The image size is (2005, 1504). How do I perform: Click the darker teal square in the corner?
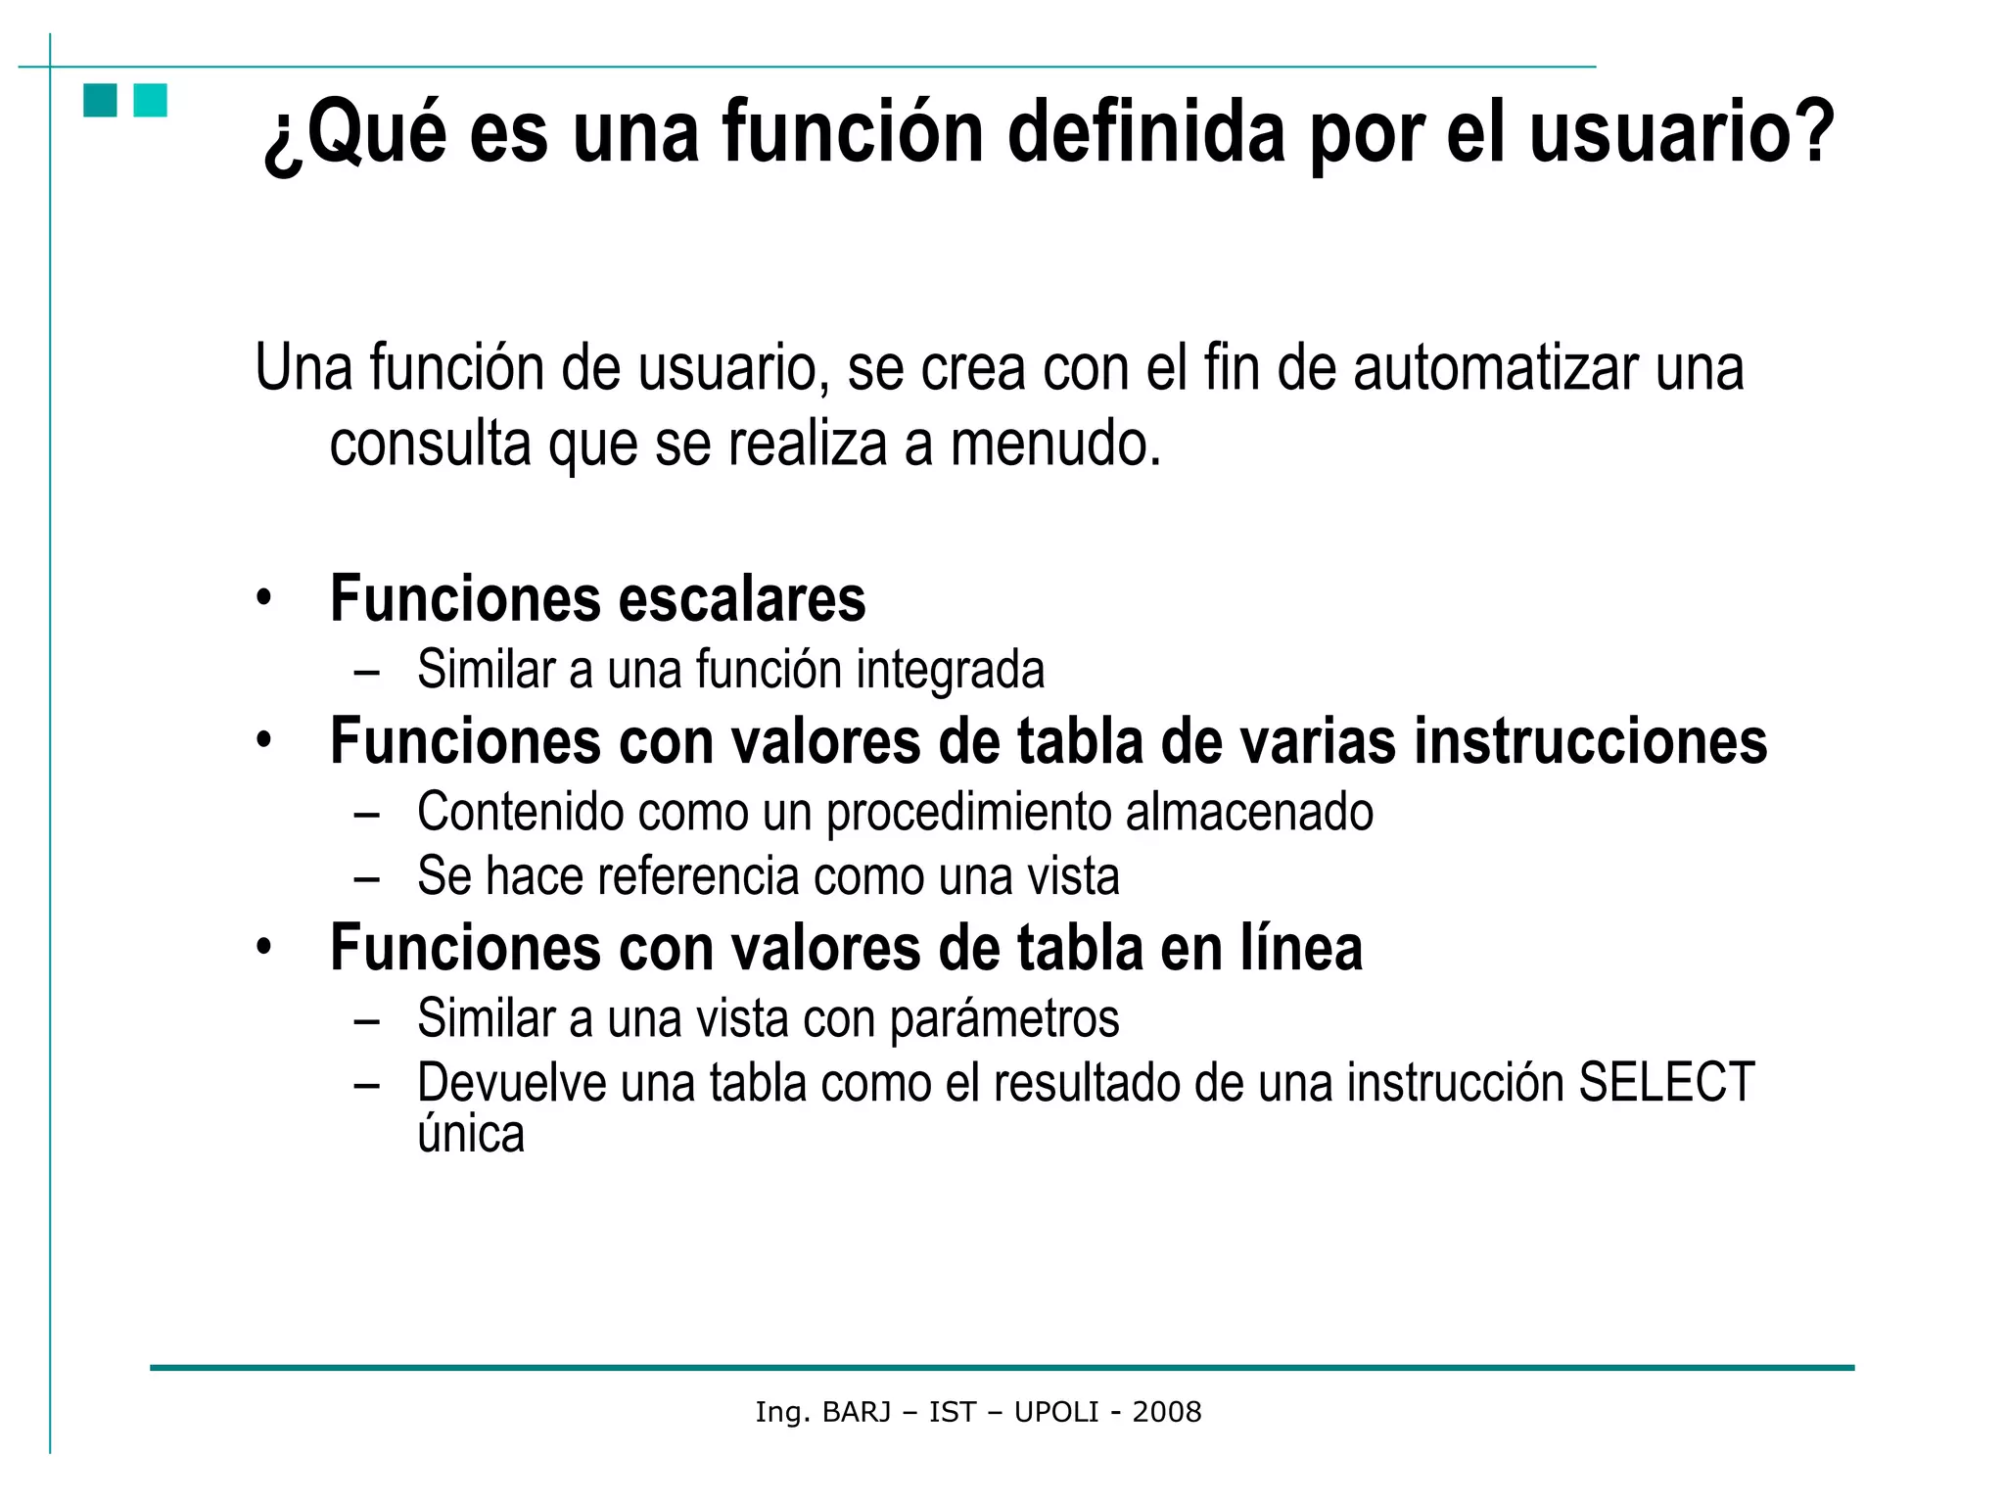pyautogui.click(x=100, y=101)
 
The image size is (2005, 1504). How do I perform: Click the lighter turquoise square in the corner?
pyautogui.click(x=150, y=101)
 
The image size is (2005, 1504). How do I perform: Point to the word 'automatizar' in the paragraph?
pyautogui.click(x=1496, y=368)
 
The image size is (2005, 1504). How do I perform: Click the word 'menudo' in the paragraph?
pyautogui.click(x=1053, y=444)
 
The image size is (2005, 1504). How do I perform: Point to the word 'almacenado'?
pyautogui.click(x=1248, y=812)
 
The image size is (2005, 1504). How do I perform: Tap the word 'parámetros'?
pyautogui.click(x=1003, y=1019)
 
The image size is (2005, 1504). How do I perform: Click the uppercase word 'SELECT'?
pyautogui.click(x=1665, y=1083)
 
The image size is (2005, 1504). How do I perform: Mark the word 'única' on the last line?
pyautogui.click(x=471, y=1135)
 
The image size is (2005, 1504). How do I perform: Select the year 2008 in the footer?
pyautogui.click(x=1166, y=1412)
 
